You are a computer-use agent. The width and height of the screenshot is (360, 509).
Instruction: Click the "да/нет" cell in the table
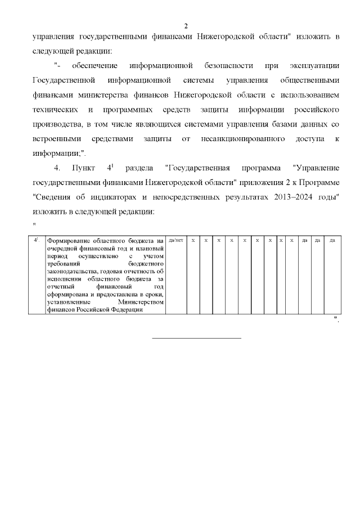175,241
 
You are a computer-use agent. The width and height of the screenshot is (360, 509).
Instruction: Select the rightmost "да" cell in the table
332,241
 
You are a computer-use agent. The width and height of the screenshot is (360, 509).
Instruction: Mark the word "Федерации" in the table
127,309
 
